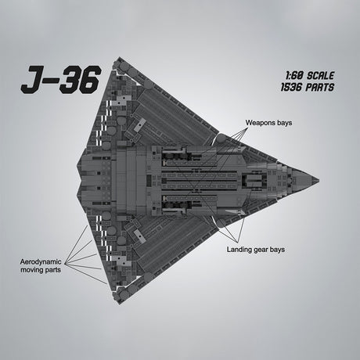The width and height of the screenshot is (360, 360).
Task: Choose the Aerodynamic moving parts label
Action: [42, 265]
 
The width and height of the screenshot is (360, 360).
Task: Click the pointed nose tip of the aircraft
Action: [317, 179]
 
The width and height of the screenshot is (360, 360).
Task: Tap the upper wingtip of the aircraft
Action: [117, 60]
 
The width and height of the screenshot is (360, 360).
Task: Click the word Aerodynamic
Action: [42, 261]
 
